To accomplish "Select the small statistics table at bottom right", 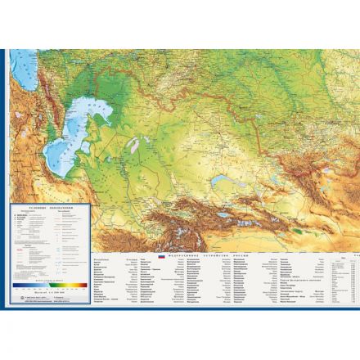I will coord(343,282).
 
